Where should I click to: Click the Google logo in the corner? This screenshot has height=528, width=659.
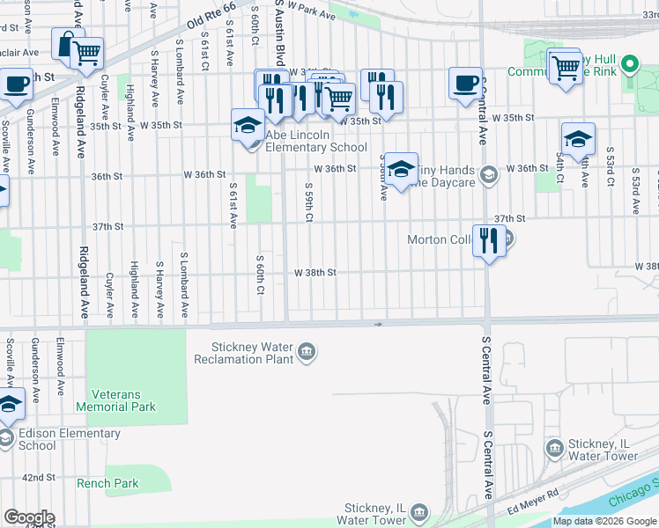pyautogui.click(x=28, y=517)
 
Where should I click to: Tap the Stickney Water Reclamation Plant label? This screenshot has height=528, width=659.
pyautogui.click(x=243, y=353)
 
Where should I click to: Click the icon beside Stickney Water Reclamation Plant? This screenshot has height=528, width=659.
pyautogui.click(x=306, y=353)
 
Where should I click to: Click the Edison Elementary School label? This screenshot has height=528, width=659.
pyautogui.click(x=69, y=439)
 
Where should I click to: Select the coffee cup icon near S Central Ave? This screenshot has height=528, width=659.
pyautogui.click(x=466, y=84)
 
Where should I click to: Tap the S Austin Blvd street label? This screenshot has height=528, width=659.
pyautogui.click(x=280, y=26)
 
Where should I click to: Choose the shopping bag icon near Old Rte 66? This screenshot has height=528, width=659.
pyautogui.click(x=67, y=44)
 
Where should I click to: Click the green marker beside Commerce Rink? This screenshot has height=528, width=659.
pyautogui.click(x=629, y=64)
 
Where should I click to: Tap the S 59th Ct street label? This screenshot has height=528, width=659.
pyautogui.click(x=308, y=204)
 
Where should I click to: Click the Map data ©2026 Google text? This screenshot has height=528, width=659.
pyautogui.click(x=604, y=521)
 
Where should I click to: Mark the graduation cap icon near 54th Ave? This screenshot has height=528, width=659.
pyautogui.click(x=578, y=139)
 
